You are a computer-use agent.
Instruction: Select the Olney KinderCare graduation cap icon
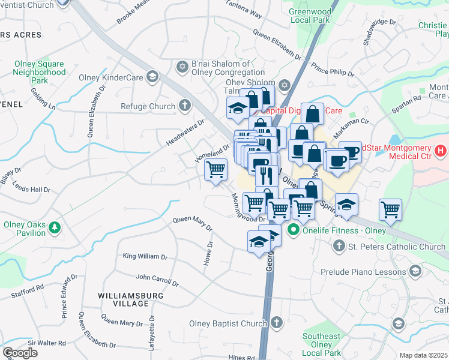tap(152, 77)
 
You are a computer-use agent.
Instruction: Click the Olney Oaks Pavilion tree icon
tap(55, 227)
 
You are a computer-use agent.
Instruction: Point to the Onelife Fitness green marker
tap(294, 229)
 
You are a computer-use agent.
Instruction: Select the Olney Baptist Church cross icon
tap(276, 323)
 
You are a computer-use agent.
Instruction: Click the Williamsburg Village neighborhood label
tap(123, 299)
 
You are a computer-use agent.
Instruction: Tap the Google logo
tap(20, 352)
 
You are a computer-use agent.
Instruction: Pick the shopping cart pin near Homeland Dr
tap(215, 170)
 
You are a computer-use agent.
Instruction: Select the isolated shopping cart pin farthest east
tap(390, 210)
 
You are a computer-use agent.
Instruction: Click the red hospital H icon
tap(441, 148)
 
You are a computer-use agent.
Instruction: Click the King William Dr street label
tap(145, 256)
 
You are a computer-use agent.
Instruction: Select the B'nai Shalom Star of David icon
tap(182, 65)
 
